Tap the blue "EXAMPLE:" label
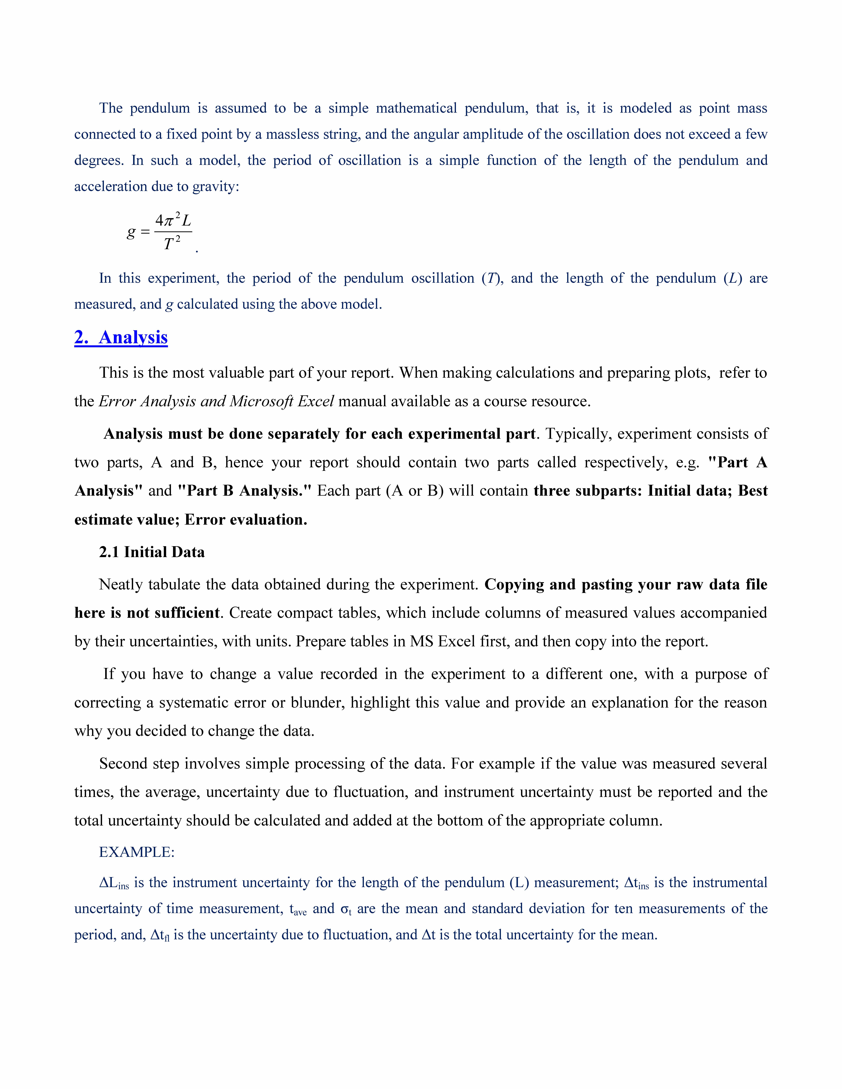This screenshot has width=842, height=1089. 137,852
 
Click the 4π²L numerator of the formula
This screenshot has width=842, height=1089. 173,220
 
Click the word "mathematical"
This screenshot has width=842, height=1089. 416,108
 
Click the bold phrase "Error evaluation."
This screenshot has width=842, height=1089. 246,520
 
